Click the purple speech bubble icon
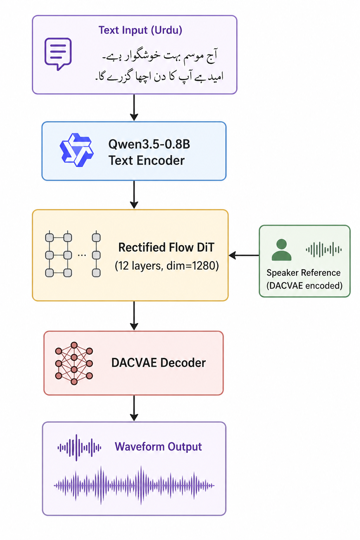point(58,53)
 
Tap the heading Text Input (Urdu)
point(140,30)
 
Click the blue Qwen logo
point(77,150)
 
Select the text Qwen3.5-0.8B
point(149,144)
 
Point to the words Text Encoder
point(146,161)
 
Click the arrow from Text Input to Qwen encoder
point(134,108)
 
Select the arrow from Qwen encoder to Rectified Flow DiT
point(134,195)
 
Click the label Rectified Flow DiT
point(166,247)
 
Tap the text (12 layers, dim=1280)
point(167,266)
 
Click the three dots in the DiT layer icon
point(82,255)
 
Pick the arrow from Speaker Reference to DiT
point(244,255)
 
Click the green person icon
point(281,250)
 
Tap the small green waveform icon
point(323,250)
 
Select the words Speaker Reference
point(304,273)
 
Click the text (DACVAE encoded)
point(304,286)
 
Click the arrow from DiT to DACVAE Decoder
point(134,316)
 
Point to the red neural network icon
point(74,363)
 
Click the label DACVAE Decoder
point(159,363)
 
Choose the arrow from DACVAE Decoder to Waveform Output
point(134,408)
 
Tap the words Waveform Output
point(158,447)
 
